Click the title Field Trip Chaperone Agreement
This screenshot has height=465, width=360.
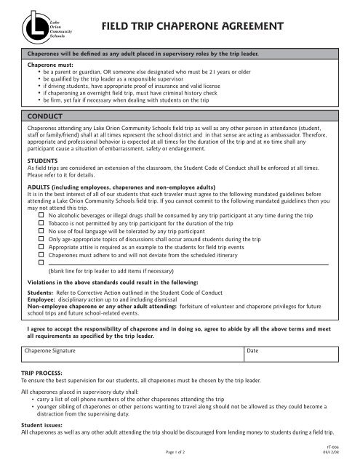point(191,28)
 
